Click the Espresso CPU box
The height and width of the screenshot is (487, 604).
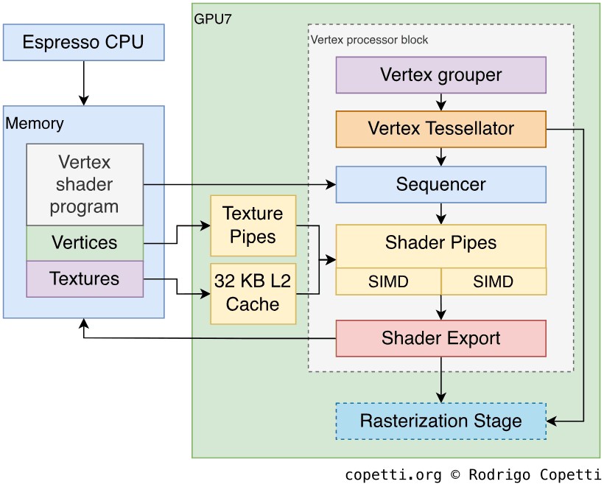83,41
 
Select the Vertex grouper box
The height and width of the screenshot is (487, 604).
440,74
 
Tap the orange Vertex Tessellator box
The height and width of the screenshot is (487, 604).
440,129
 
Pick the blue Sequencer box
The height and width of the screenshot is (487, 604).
440,183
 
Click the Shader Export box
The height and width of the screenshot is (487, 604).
440,338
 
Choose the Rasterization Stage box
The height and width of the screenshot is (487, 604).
440,421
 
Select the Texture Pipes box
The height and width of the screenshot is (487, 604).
253,225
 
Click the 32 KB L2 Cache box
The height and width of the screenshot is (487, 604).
253,292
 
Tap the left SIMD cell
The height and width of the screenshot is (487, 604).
388,281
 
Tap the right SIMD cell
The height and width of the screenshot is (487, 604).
494,281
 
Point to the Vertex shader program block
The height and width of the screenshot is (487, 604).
85,184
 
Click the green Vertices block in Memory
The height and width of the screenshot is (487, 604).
85,242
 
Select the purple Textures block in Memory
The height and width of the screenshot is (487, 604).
85,278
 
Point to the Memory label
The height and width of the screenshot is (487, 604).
35,123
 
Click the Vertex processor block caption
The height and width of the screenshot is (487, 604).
370,39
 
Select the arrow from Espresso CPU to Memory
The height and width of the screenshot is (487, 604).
83,83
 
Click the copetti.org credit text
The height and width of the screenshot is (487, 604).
472,474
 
